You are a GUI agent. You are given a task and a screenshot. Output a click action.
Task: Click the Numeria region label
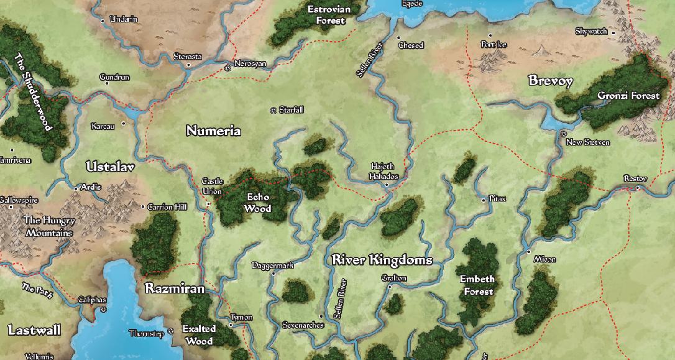click(x=213, y=131)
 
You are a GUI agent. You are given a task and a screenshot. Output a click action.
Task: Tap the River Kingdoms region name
click(x=382, y=260)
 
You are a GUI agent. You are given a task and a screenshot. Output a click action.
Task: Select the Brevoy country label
click(x=550, y=81)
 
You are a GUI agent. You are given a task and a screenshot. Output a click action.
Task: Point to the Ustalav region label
click(x=110, y=167)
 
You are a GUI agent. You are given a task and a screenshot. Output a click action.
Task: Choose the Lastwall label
click(x=34, y=330)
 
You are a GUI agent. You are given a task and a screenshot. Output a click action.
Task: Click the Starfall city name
click(x=291, y=110)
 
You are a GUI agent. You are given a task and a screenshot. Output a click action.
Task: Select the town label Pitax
click(x=497, y=199)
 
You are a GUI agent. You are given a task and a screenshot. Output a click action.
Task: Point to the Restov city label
click(x=635, y=179)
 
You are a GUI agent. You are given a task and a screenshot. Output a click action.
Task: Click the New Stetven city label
click(x=587, y=142)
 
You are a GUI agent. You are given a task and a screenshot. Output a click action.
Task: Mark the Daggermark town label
click(x=272, y=265)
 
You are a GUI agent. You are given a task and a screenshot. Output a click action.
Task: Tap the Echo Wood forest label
click(x=257, y=203)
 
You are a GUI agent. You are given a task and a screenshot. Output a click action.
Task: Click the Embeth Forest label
click(x=477, y=285)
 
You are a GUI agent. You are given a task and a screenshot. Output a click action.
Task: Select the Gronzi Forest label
click(x=628, y=96)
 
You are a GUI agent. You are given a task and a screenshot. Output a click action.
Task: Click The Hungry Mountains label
click(x=49, y=227)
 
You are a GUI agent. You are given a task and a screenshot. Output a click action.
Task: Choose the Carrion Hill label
click(x=167, y=207)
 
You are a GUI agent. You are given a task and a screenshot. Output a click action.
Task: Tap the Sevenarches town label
click(x=303, y=325)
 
